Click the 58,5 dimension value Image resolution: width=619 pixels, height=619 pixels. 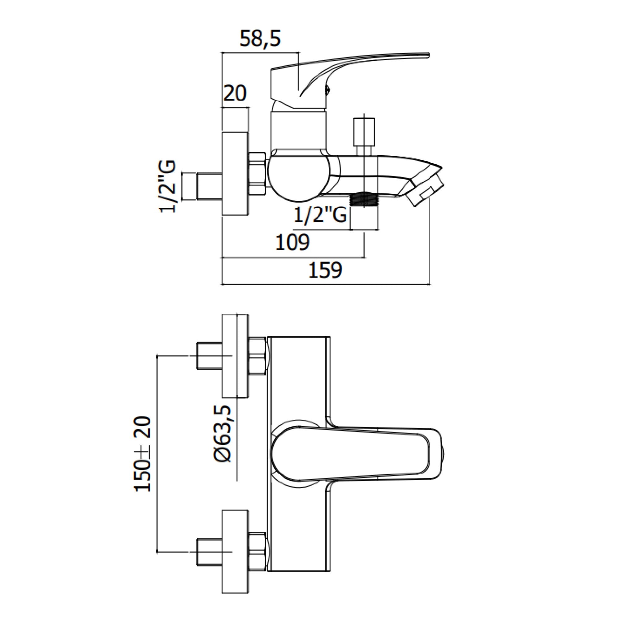tap(260, 39)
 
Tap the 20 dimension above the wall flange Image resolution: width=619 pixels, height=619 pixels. tap(235, 93)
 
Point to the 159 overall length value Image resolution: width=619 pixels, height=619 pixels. tap(325, 270)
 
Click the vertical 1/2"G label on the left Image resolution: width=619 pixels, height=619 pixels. tap(167, 187)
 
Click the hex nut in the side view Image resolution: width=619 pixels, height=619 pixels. tap(258, 173)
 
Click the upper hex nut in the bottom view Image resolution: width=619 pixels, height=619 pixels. tap(257, 356)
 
